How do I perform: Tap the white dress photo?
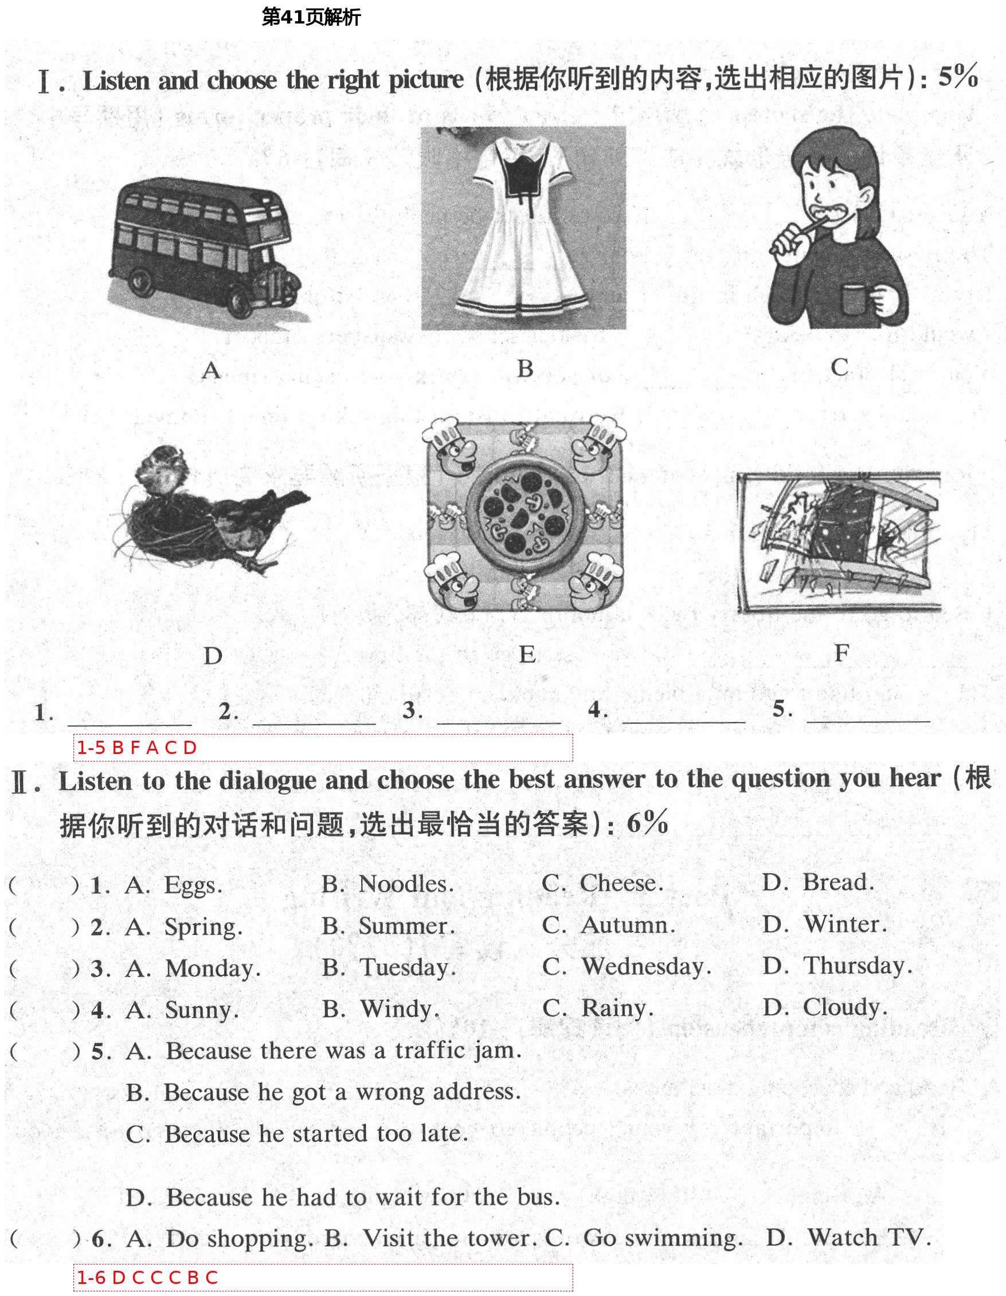pos(523,229)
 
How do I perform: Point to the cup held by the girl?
pos(854,300)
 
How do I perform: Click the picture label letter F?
pos(841,653)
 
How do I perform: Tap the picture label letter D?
pos(213,655)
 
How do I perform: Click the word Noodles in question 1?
pos(406,883)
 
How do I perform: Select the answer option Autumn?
pos(627,925)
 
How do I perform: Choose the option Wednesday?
pos(645,967)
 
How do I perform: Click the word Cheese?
pos(621,883)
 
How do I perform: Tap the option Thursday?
pos(857,965)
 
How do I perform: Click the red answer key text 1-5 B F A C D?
pos(137,748)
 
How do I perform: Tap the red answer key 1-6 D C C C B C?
pos(147,1278)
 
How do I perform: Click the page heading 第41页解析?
pos(311,17)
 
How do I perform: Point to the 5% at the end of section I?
pos(957,77)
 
